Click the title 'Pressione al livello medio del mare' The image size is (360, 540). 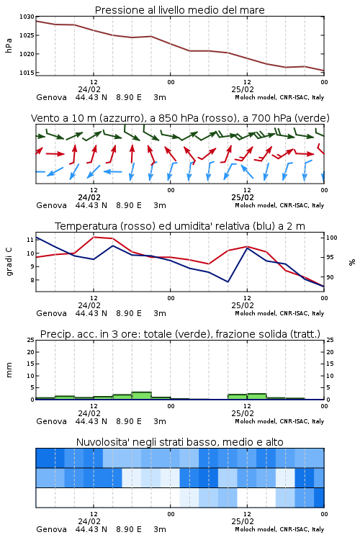[179, 10]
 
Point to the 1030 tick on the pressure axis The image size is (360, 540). [27, 17]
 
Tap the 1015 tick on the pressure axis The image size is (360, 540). [27, 73]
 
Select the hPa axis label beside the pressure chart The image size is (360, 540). [9, 45]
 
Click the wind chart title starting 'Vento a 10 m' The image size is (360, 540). [180, 118]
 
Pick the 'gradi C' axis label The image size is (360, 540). [9, 261]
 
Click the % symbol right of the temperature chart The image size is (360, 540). [352, 262]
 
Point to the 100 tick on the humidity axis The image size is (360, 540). [332, 238]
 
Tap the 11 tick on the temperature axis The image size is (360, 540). [30, 240]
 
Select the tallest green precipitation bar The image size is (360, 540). [142, 396]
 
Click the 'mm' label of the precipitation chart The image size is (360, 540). [9, 370]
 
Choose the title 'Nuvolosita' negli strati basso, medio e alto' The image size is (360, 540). [179, 442]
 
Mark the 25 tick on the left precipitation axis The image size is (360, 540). [31, 340]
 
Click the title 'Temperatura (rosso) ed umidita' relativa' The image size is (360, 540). [180, 226]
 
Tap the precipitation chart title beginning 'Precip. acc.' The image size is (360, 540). [180, 334]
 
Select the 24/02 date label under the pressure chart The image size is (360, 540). [89, 89]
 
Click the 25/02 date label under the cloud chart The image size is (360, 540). [243, 521]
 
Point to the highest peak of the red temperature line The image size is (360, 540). [94, 237]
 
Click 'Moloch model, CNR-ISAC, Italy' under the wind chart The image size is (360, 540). [279, 205]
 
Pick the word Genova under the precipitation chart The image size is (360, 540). [51, 421]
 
